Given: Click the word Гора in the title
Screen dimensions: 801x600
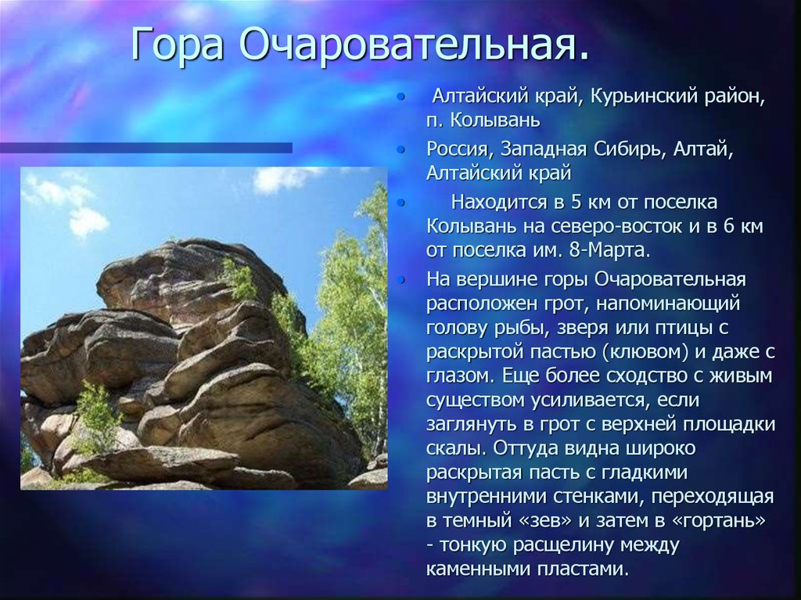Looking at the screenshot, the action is tap(178, 45).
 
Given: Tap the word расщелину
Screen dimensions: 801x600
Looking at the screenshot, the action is tap(561, 545).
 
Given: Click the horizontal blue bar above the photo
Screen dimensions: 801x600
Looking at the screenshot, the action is tap(146, 148).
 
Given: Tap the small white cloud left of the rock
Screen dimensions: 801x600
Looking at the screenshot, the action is tap(88, 222).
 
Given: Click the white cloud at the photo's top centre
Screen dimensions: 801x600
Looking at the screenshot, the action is tap(281, 179).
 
